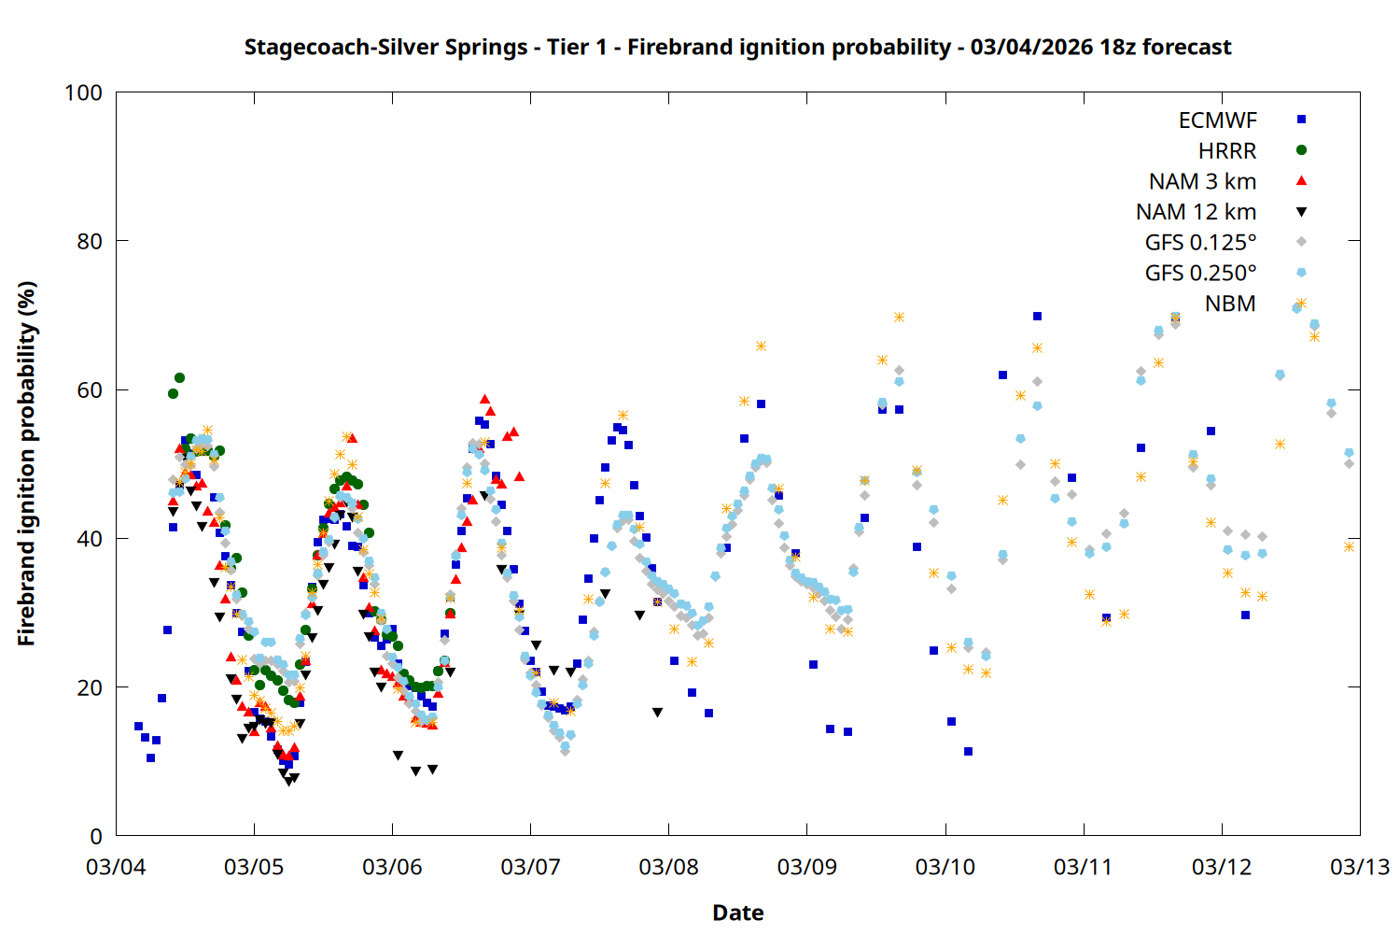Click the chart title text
737,48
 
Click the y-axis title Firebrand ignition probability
27,463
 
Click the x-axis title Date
737,913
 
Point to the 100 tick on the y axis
83,92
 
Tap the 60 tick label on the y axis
90,389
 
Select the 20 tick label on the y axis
90,687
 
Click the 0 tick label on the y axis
96,836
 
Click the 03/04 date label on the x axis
116,867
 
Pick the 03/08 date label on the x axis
668,867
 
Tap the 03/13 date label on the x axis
1359,867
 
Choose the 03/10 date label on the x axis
945,867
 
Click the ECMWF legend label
1217,120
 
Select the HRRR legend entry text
1227,151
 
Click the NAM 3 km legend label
1202,181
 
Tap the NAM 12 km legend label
1196,212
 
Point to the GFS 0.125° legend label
1200,243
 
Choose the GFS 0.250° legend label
1200,274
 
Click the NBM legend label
1230,304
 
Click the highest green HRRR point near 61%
179,378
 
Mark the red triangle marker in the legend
1301,180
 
